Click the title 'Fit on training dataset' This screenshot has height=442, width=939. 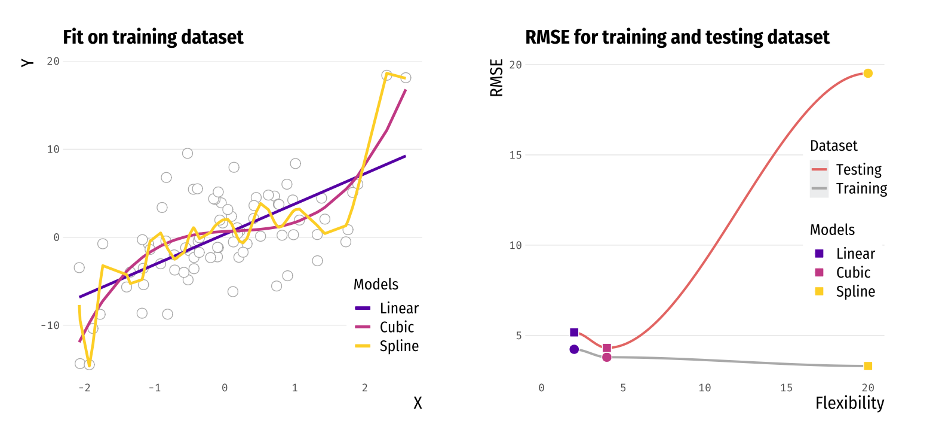(x=153, y=37)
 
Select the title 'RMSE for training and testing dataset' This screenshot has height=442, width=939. (x=677, y=37)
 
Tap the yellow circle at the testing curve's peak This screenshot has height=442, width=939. (x=868, y=73)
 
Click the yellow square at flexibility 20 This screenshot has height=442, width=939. (x=868, y=366)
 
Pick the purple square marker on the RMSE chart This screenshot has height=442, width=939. (x=574, y=333)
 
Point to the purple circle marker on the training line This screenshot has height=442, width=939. (x=574, y=349)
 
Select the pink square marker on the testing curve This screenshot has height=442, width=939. (x=607, y=348)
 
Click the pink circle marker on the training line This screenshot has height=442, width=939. (x=607, y=357)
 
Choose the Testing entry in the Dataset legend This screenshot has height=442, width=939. (x=858, y=170)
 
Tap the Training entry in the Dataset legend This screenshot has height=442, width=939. (x=861, y=188)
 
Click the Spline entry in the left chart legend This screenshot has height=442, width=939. (x=398, y=346)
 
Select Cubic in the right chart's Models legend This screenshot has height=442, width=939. (x=853, y=273)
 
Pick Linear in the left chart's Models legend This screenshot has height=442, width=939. (x=398, y=309)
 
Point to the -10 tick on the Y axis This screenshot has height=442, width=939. (x=50, y=325)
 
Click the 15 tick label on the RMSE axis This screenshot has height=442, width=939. (x=515, y=155)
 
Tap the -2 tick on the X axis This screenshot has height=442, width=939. (x=84, y=388)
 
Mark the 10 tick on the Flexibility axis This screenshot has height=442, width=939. (x=705, y=388)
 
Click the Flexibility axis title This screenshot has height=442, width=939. (x=849, y=403)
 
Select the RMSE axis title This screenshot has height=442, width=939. (x=496, y=78)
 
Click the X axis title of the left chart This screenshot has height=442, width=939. (x=418, y=403)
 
